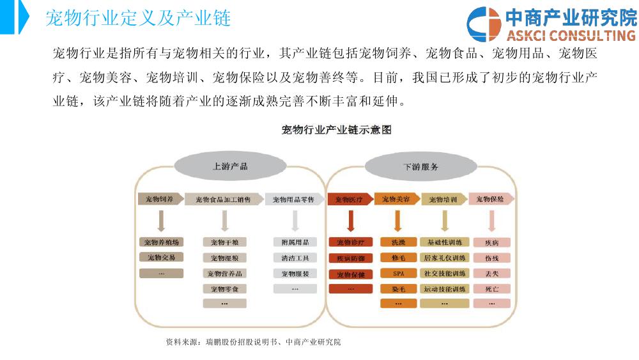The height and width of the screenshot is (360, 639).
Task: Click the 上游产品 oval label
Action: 230,166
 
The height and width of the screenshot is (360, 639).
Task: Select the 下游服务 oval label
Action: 420,166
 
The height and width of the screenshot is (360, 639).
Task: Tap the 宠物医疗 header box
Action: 349,200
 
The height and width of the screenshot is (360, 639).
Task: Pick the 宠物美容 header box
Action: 397,200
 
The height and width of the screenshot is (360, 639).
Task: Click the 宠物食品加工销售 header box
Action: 224,200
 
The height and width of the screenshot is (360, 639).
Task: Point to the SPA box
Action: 398,273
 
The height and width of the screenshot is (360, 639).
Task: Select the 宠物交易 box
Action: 161,258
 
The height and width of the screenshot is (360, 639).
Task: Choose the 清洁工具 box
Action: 295,258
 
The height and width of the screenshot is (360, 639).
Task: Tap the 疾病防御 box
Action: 351,258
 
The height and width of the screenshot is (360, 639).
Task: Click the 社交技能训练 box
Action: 445,273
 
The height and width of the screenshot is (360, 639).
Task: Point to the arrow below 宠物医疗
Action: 350,221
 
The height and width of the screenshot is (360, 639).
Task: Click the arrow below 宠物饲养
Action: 161,221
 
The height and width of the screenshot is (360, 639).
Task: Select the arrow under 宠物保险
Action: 491,221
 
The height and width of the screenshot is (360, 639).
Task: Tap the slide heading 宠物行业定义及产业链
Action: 138,19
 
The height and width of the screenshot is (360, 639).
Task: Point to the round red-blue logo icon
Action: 484,25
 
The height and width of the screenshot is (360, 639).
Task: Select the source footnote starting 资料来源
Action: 253,342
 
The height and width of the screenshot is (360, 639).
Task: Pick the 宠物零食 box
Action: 224,288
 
